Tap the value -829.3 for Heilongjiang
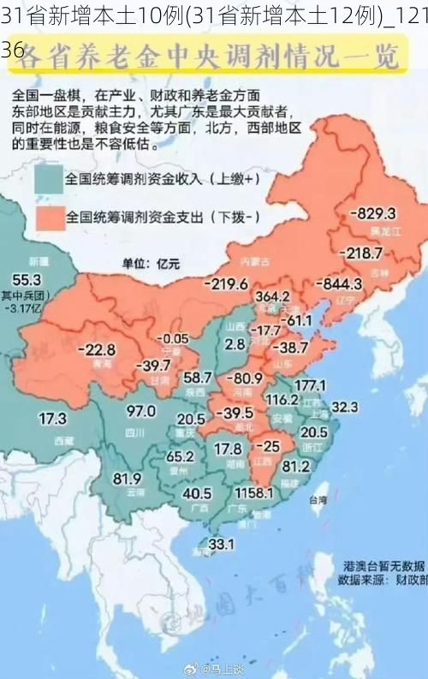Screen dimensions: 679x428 coord(372,213)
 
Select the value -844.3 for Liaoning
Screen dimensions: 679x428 coord(339,283)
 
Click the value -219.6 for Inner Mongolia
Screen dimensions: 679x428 coord(226,283)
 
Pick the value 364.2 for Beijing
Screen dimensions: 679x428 coord(272,296)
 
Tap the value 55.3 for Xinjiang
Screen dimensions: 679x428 coord(26,279)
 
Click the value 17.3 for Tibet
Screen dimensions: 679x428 coord(52,419)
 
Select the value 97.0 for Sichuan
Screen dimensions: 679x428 coord(140,411)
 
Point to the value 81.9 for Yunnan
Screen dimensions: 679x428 coord(127,478)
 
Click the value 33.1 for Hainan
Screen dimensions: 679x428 coord(221,543)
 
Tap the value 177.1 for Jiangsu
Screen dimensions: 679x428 coord(309,384)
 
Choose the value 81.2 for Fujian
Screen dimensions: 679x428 coord(295,467)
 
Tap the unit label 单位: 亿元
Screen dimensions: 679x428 coord(151,263)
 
